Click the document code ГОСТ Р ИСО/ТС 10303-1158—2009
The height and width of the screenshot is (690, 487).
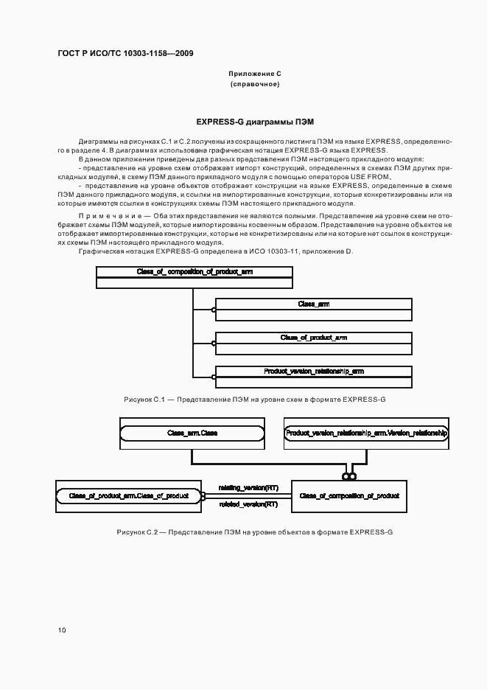(125, 54)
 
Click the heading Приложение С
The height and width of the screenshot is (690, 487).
(255, 74)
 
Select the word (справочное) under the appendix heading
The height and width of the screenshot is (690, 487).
(255, 85)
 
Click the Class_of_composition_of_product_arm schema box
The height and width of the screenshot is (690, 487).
(195, 276)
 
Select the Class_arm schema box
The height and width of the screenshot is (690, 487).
(313, 308)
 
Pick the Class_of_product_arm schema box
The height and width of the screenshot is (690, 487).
(313, 342)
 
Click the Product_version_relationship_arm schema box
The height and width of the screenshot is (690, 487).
(313, 376)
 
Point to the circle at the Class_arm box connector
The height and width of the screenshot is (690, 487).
(214, 310)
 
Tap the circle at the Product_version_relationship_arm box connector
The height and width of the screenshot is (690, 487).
(214, 377)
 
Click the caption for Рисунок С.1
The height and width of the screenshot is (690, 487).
(255, 399)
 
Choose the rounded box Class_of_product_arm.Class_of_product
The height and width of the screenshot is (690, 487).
(128, 496)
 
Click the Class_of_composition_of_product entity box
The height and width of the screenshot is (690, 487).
(349, 496)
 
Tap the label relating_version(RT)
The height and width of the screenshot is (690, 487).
(248, 487)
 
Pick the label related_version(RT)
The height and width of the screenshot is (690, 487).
(248, 504)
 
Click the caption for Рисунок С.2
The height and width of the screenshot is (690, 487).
(255, 531)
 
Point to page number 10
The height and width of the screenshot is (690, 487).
(62, 630)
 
